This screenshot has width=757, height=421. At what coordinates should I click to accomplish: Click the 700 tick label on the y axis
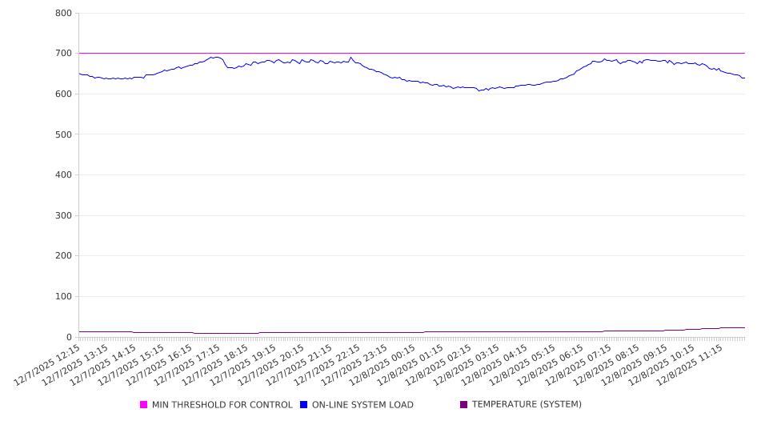tap(64, 54)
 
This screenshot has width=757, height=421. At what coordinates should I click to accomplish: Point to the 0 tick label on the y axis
tap(69, 337)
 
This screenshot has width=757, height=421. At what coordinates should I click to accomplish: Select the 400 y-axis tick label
tap(64, 175)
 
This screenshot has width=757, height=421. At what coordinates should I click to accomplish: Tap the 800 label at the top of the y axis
tap(64, 14)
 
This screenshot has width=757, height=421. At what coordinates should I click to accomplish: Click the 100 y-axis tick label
tap(64, 297)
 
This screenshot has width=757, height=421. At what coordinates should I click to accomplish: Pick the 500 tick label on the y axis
tap(64, 134)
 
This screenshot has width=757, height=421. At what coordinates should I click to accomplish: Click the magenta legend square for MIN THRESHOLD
tap(144, 405)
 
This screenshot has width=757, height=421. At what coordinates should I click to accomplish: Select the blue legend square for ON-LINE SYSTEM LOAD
tap(304, 405)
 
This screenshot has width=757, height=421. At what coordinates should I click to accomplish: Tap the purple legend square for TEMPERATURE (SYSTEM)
tap(464, 405)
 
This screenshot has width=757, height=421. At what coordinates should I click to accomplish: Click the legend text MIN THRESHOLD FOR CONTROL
tap(222, 405)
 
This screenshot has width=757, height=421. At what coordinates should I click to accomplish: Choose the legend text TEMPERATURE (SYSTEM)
tap(527, 405)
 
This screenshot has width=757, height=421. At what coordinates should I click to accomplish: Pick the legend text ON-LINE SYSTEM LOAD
tap(362, 405)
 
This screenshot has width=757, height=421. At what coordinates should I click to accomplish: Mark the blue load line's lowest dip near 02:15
tap(480, 90)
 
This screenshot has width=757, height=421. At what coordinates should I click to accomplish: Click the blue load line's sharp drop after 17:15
tap(226, 64)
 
